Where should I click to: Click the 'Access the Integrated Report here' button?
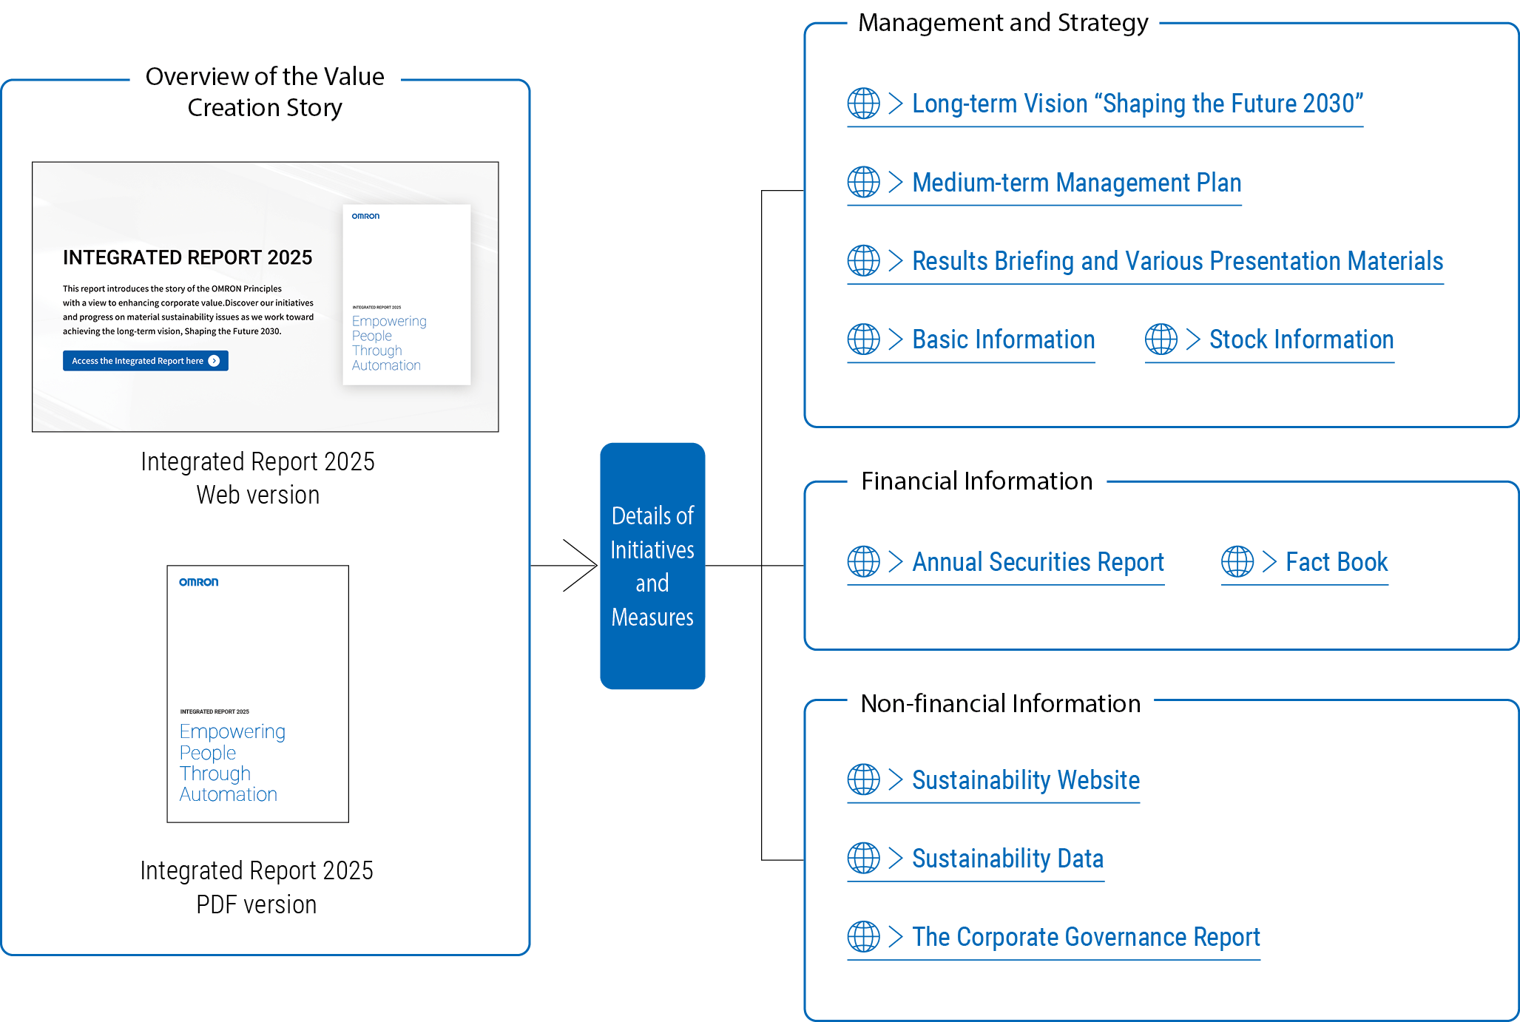pos(145,361)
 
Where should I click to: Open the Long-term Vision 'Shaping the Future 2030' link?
pos(1137,104)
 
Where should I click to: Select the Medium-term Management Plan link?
pos(1076,183)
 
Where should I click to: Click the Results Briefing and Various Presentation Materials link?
pos(1177,261)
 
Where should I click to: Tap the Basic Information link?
pos(1003,339)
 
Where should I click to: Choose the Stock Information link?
pos(1301,339)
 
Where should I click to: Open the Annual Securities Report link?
pos(1038,562)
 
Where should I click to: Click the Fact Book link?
pos(1336,562)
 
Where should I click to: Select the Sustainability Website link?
pos(1025,780)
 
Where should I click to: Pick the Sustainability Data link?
pos(1007,859)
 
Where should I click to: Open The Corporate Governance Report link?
pos(1085,937)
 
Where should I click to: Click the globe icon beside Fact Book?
pos(1237,562)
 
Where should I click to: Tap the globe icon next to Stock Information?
pos(1161,339)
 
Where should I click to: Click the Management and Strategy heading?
pos(1002,23)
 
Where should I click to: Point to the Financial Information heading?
pos(976,481)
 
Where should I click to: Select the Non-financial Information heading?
pos(1000,703)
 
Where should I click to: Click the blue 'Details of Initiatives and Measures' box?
pos(652,566)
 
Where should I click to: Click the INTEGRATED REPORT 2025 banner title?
pos(187,257)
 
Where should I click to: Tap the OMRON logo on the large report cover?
pos(198,582)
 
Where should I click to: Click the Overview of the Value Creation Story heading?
pos(265,92)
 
